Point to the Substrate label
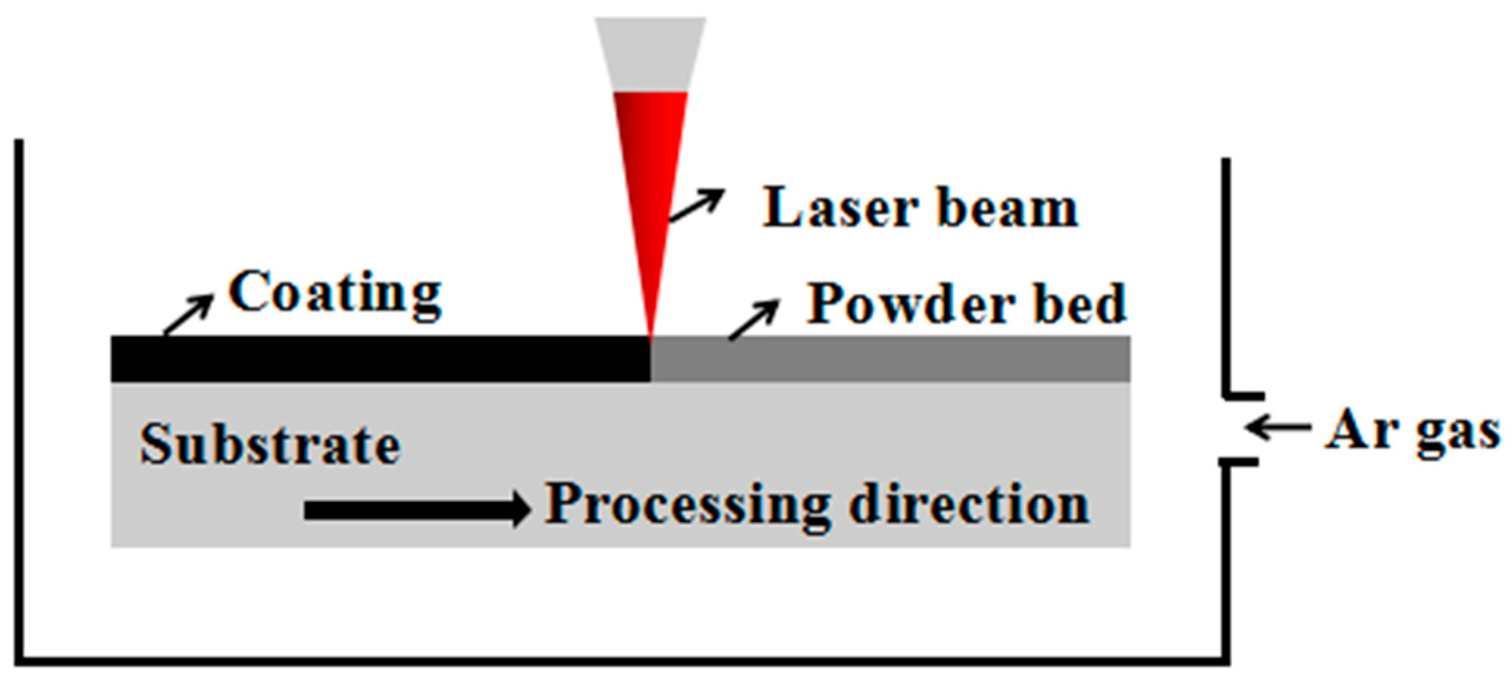[x=270, y=445]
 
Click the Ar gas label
[x=1412, y=431]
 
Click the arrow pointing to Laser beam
[x=697, y=205]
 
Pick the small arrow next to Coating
[x=189, y=315]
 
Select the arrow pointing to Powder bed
[x=754, y=320]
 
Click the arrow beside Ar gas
[x=1278, y=427]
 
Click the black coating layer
[x=380, y=359]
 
